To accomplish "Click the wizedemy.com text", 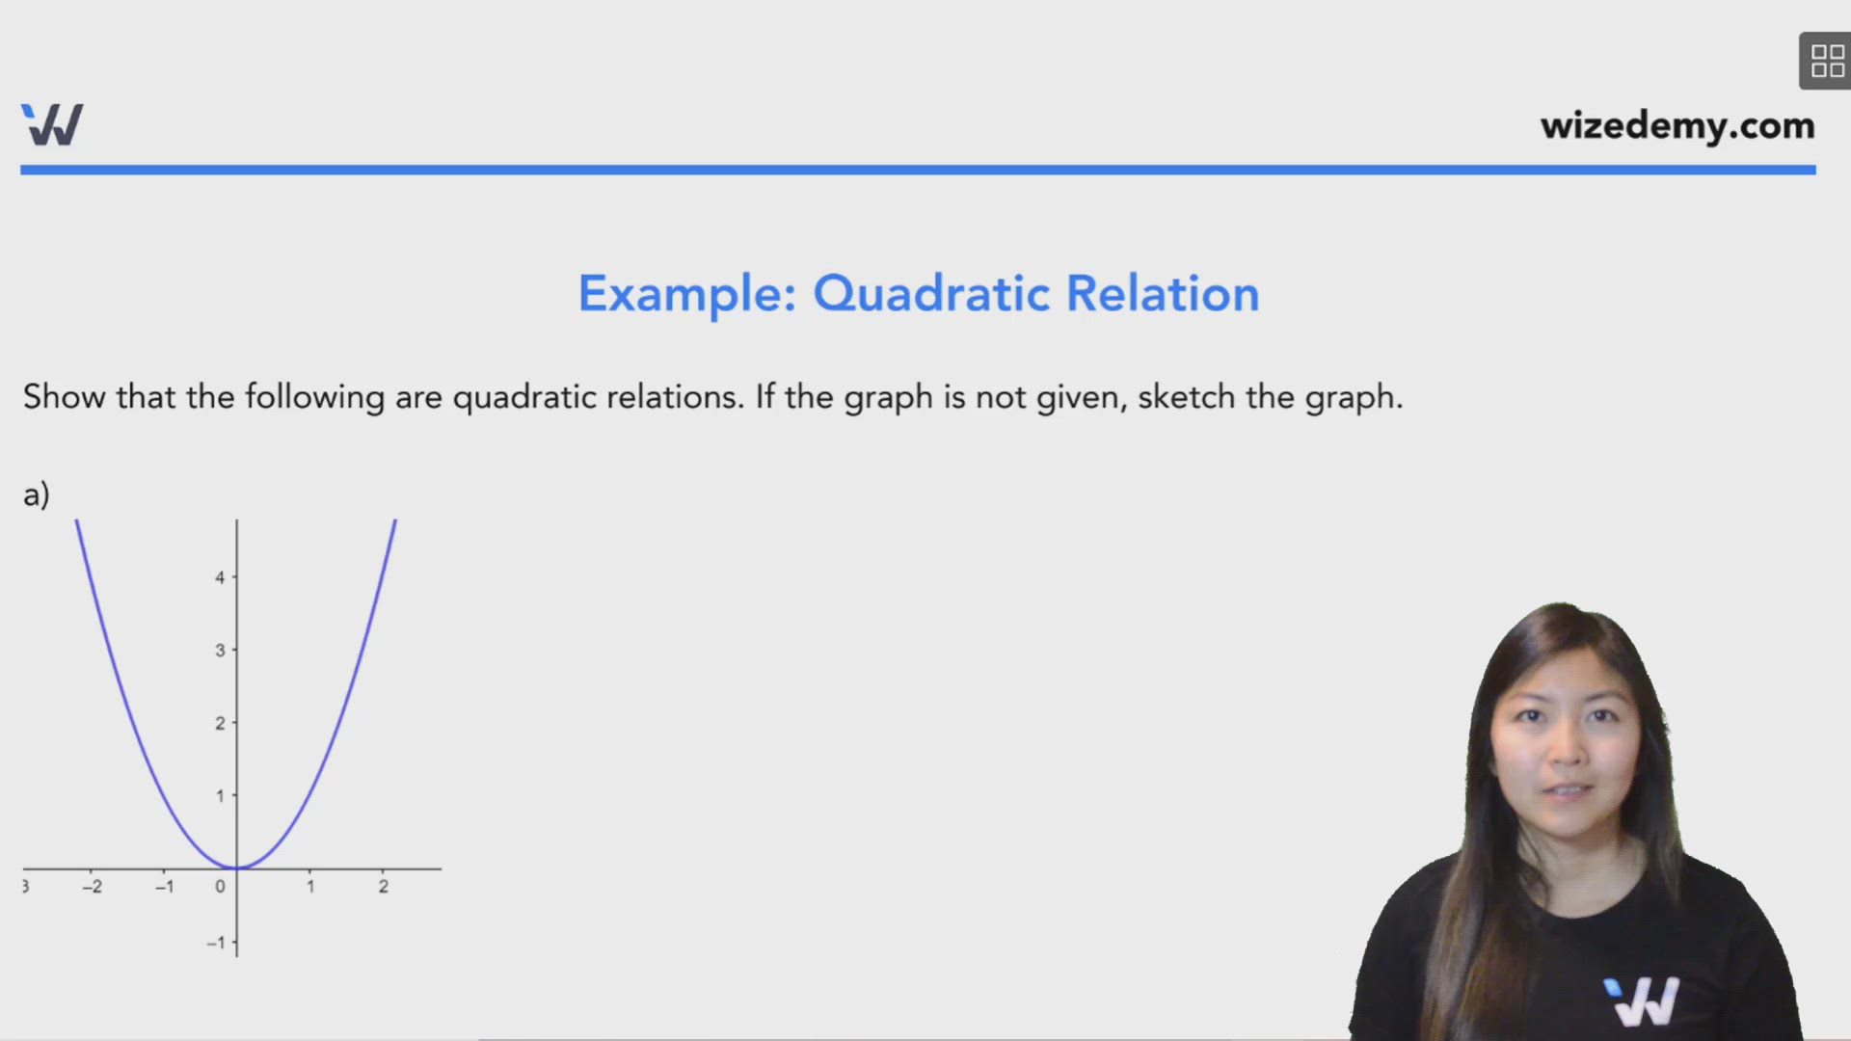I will [1677, 126].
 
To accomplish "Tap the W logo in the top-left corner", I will [52, 124].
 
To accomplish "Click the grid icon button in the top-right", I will [1826, 61].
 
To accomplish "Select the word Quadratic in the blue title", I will [930, 294].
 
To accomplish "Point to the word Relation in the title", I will [1162, 294].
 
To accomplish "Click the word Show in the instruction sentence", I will [64, 397].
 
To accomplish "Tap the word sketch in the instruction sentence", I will [1186, 397].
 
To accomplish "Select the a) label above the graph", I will [36, 494].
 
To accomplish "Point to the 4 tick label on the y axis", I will [220, 577].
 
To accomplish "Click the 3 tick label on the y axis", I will [220, 651].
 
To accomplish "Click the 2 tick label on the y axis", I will [220, 723].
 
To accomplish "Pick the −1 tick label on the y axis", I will [216, 943].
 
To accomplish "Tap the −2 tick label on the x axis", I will [92, 887].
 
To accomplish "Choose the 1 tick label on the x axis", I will [310, 887].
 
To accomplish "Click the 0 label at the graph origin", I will [220, 887].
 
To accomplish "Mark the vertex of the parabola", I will [237, 867].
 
